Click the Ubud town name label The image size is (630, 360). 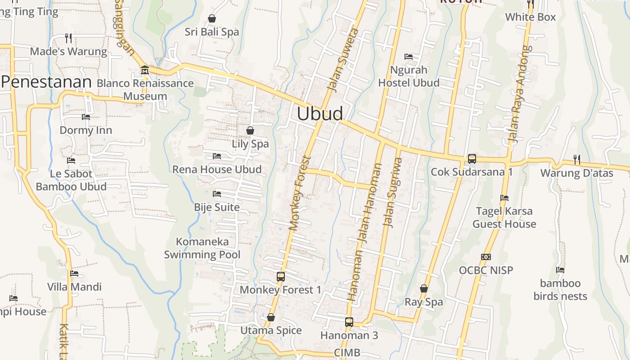(320, 113)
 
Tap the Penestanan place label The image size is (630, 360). (47, 82)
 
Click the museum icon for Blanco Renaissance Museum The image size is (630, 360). (144, 70)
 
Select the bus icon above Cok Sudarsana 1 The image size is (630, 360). (472, 158)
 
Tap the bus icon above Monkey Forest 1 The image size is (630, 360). (281, 276)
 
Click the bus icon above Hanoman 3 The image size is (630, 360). (349, 322)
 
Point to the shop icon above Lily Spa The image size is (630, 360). (250, 130)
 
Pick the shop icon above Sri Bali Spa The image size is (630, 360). (212, 18)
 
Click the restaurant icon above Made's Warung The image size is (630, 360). (68, 37)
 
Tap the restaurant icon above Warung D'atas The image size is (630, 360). (576, 159)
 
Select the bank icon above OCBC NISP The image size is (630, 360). (486, 257)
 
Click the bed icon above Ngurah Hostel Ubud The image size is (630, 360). (409, 57)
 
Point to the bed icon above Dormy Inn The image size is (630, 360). (86, 117)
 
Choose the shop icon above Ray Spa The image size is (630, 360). (423, 288)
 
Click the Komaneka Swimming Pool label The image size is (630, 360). (202, 248)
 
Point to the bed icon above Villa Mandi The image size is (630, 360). (74, 274)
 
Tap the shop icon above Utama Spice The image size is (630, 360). (270, 317)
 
